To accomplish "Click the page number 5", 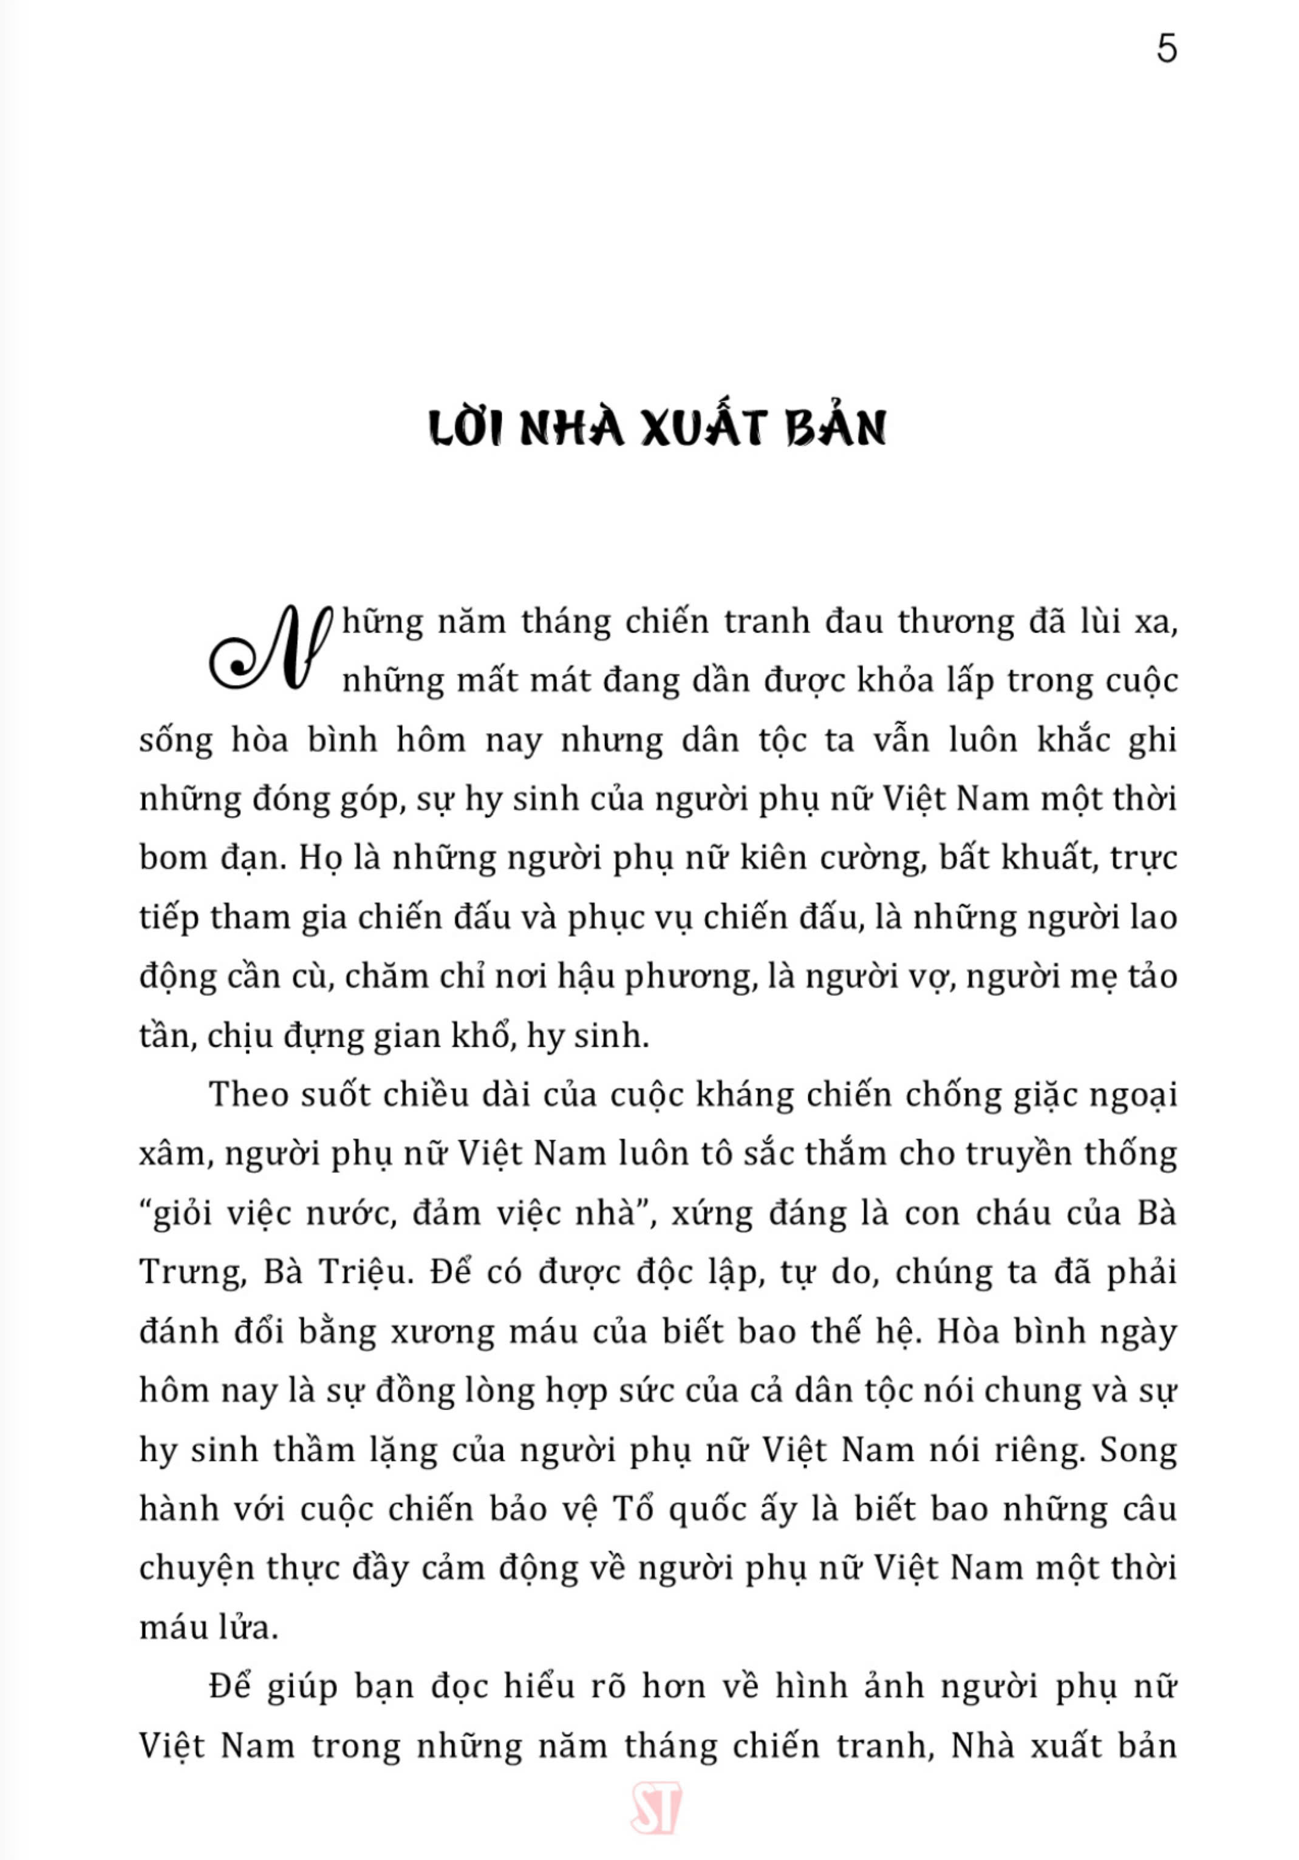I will point(1165,50).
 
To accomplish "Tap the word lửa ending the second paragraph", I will point(250,1627).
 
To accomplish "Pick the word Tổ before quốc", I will point(633,1509).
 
